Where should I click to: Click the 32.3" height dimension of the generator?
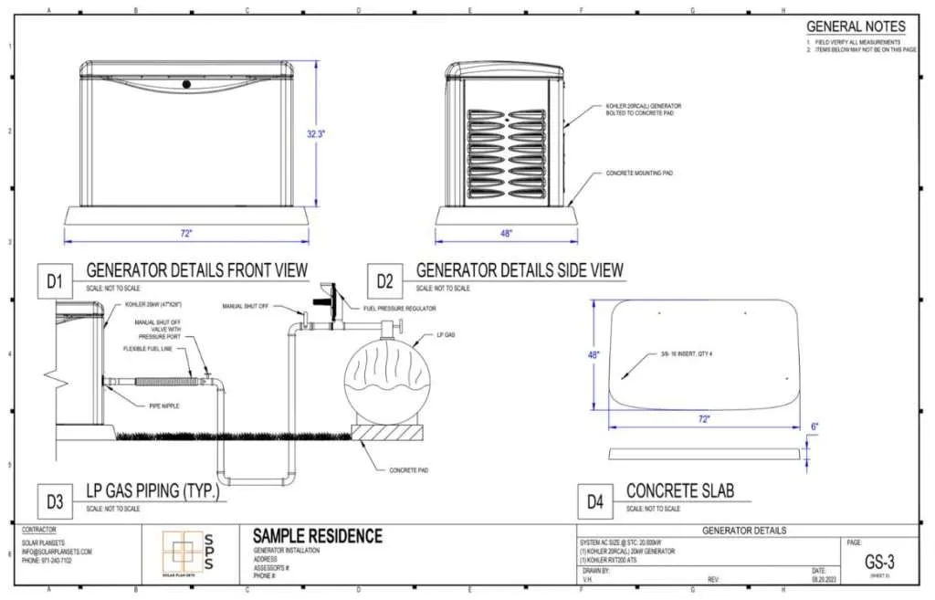coord(317,132)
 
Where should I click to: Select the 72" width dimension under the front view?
coord(185,234)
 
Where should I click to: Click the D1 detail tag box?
coord(55,282)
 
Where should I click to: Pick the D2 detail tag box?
coord(385,282)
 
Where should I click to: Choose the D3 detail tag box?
coord(55,500)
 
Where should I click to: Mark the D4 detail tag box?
coord(595,500)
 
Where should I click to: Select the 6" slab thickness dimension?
coord(814,426)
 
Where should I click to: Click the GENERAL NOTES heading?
coord(856,26)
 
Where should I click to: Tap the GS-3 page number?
coord(877,563)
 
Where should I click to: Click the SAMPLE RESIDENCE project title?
coord(317,536)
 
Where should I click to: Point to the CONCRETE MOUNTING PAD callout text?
coord(639,172)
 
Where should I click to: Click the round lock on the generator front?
coord(185,84)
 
